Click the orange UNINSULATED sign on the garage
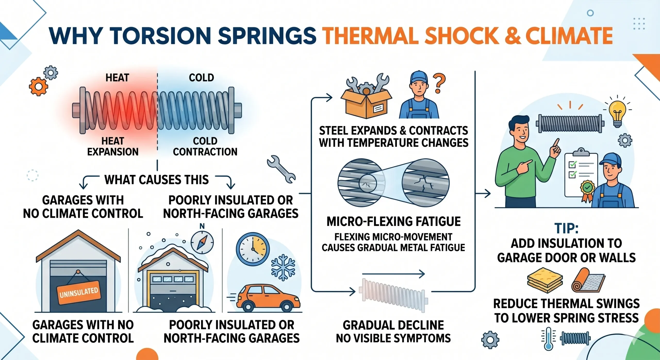pyautogui.click(x=78, y=293)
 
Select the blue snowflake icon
pyautogui.click(x=283, y=268)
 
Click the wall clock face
pyautogui.click(x=253, y=249)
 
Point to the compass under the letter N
pyautogui.click(x=202, y=242)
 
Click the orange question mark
pyautogui.click(x=439, y=83)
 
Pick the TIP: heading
pyautogui.click(x=566, y=228)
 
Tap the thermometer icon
pyautogui.click(x=548, y=339)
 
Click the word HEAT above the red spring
pyautogui.click(x=117, y=78)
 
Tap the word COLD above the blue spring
pyautogui.click(x=201, y=78)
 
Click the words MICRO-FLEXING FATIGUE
pyautogui.click(x=393, y=221)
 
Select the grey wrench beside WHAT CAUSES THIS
pyautogui.click(x=281, y=169)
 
